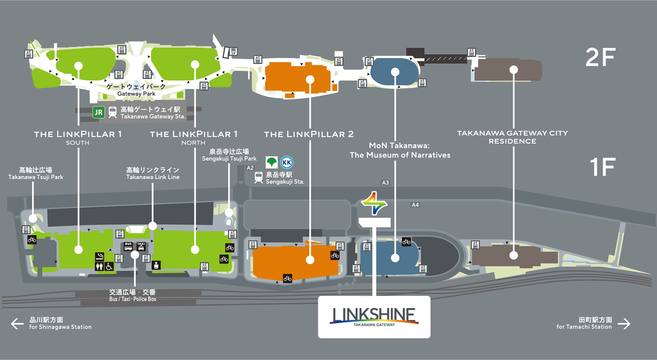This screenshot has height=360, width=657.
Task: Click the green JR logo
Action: coord(98,112)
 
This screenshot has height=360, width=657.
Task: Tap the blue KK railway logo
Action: coord(287,162)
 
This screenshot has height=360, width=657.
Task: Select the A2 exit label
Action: coord(250,168)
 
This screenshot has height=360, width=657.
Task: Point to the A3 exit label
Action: coord(385,183)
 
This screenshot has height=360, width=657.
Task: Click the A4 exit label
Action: coord(415,205)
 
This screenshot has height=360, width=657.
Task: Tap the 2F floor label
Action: coord(601,57)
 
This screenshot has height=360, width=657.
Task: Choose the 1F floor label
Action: coord(603,167)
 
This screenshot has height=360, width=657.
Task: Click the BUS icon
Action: coord(128,246)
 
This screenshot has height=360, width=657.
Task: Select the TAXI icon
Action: coord(141,246)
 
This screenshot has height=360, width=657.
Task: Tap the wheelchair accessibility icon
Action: coord(109,266)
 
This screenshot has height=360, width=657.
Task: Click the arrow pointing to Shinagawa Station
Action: coord(17,324)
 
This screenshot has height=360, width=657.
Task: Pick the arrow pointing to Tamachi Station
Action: coord(624,324)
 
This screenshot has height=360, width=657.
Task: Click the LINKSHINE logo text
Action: coord(374,315)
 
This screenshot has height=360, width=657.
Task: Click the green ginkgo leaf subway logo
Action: coord(272,162)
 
